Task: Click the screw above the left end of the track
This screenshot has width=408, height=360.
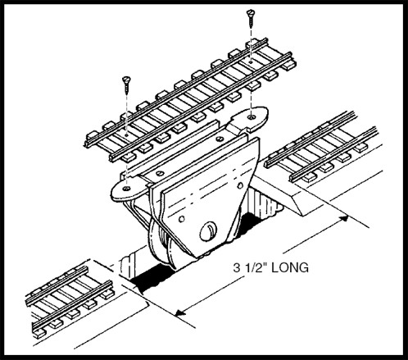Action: (x=126, y=85)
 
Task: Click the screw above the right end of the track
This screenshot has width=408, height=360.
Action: (x=251, y=18)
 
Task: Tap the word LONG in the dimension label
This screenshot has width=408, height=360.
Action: (x=290, y=267)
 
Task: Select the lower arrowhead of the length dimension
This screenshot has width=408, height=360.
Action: (x=181, y=312)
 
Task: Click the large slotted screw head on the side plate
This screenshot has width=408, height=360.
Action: (x=208, y=231)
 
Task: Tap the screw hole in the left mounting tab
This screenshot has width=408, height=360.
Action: (x=126, y=189)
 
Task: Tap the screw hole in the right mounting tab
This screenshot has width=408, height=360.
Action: (x=252, y=117)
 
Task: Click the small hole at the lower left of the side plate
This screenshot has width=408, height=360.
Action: (x=182, y=219)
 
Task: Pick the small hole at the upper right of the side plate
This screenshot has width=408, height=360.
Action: (x=240, y=186)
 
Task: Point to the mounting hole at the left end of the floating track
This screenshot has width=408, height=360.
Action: (x=126, y=134)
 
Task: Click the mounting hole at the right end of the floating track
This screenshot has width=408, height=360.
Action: (x=251, y=62)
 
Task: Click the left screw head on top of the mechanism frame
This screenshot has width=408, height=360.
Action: (x=161, y=173)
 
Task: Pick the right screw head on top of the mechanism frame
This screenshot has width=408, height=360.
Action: (x=220, y=139)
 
